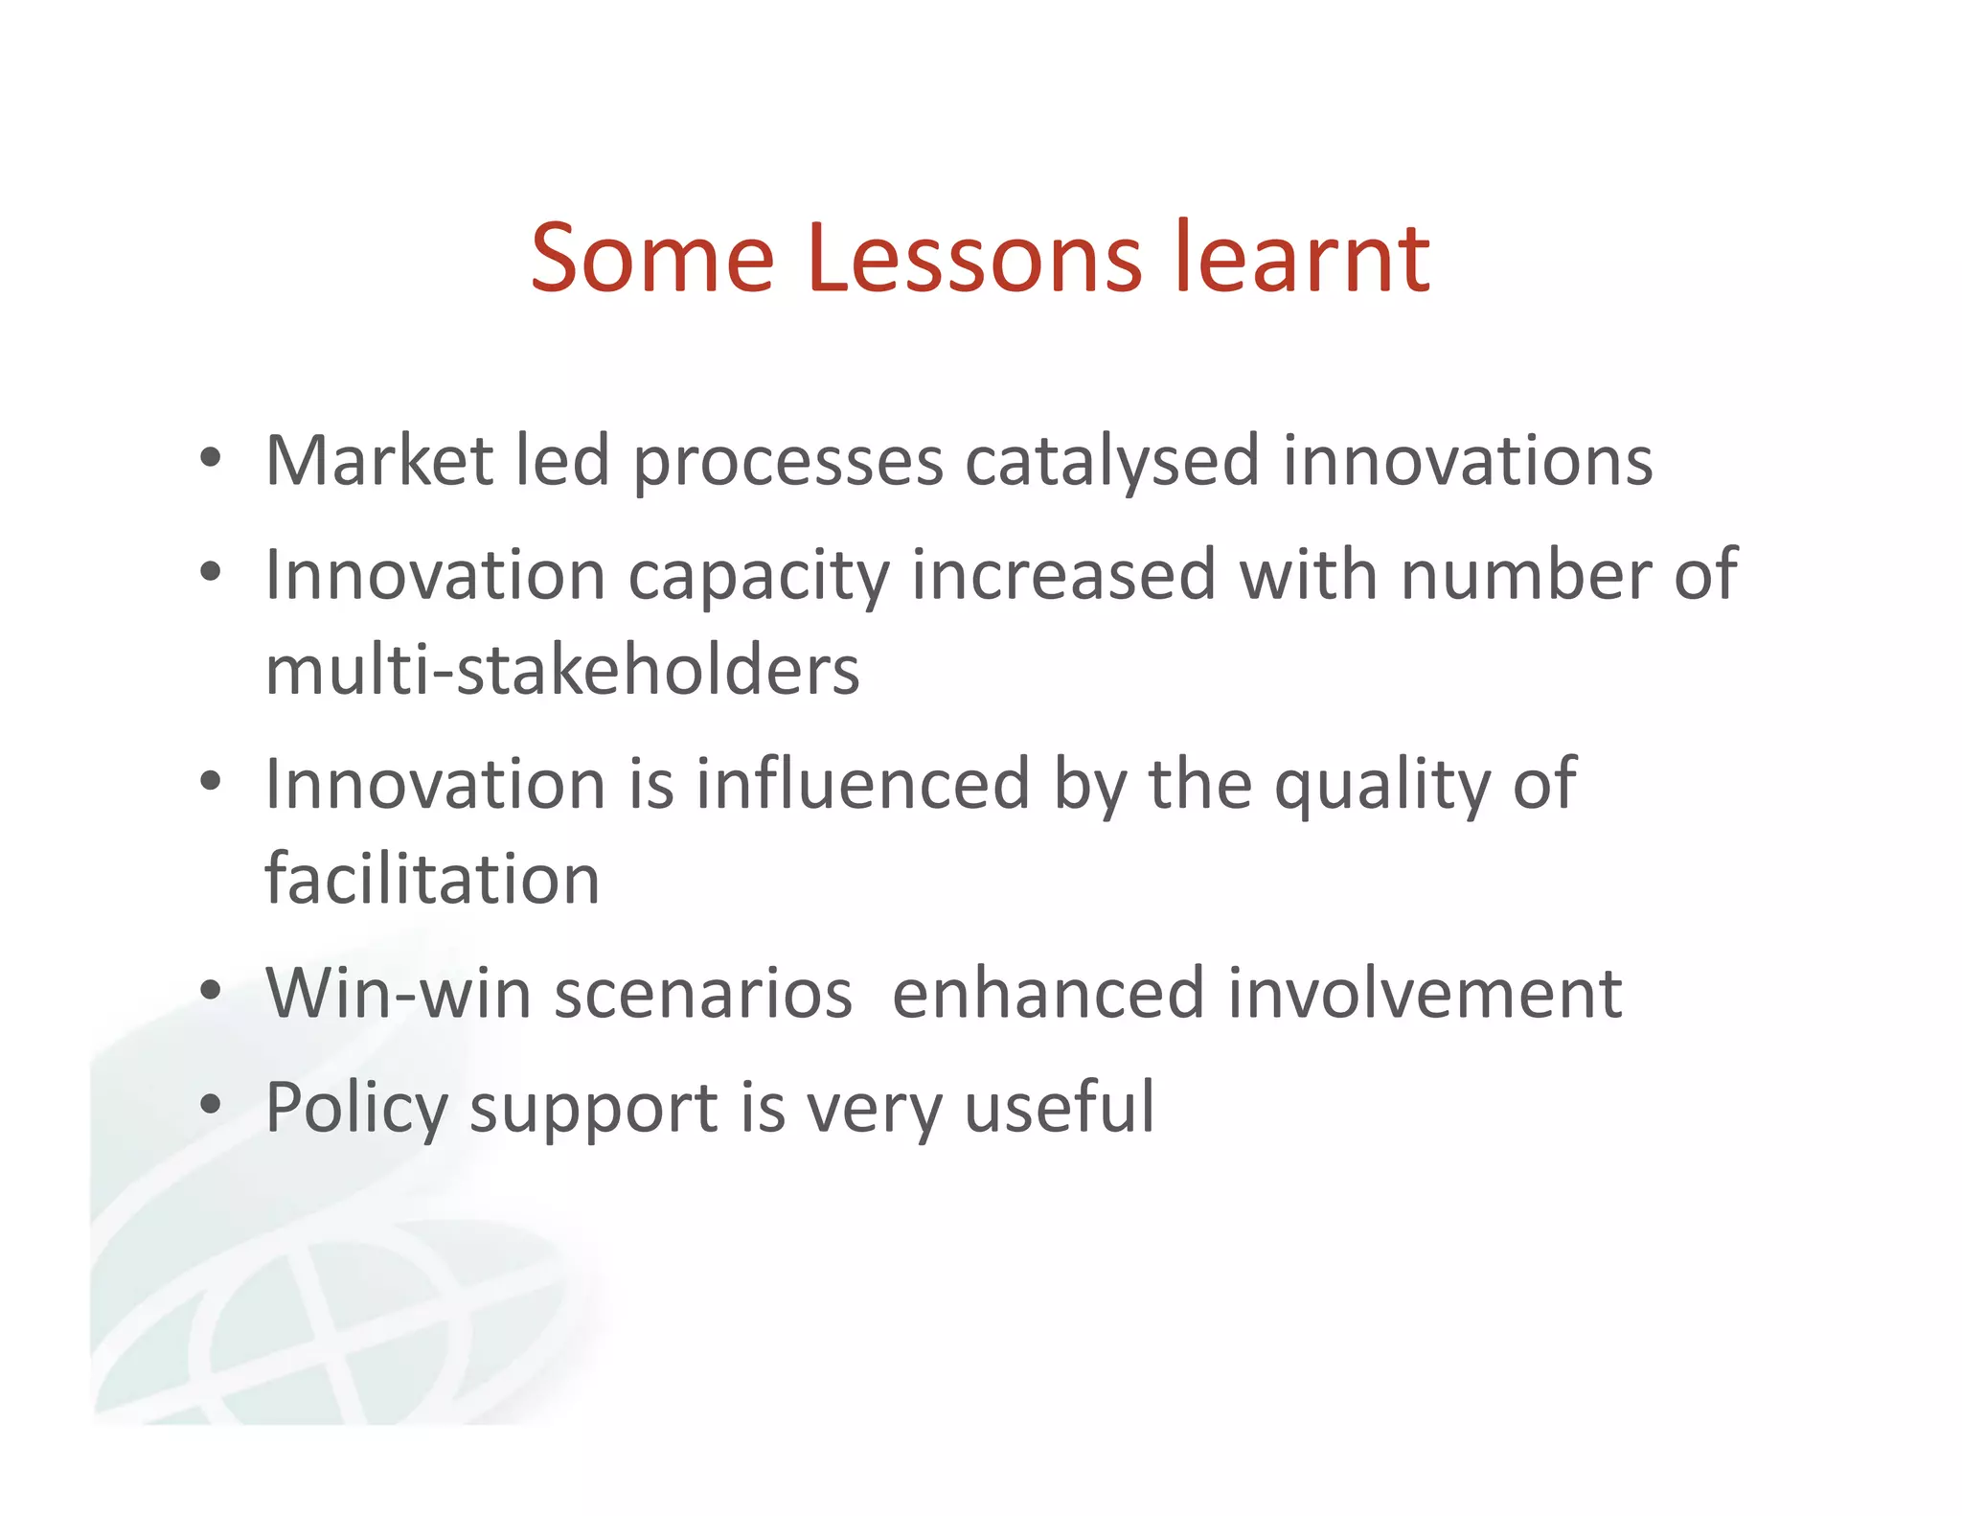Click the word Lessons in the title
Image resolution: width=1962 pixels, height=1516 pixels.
click(974, 259)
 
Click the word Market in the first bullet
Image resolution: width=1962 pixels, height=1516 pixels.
click(379, 461)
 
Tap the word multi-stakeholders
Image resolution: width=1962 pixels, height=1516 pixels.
click(562, 670)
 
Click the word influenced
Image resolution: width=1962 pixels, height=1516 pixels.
click(862, 784)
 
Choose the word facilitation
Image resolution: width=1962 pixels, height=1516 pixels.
click(432, 879)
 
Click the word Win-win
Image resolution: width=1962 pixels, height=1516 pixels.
click(398, 993)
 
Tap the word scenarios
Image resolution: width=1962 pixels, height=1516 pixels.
click(703, 995)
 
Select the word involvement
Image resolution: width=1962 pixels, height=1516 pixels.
click(1425, 993)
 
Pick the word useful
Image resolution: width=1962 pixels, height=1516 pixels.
click(1060, 1107)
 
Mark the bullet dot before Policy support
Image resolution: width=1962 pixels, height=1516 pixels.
click(211, 1104)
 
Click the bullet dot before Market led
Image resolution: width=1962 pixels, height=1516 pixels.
click(211, 457)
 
